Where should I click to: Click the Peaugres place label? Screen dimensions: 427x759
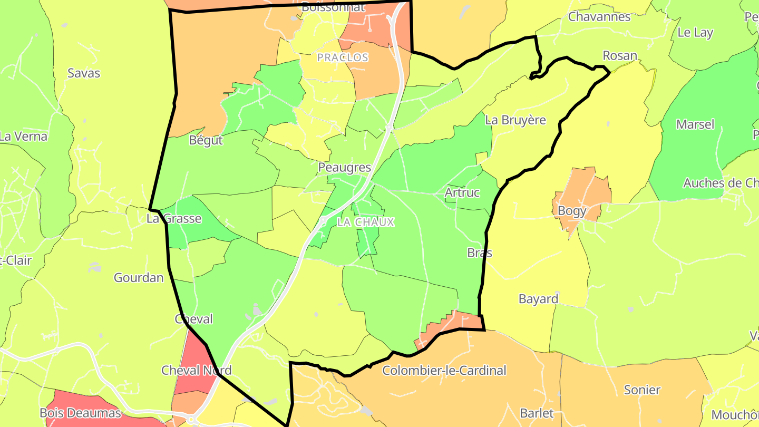(345, 168)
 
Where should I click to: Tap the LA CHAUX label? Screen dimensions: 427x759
(366, 222)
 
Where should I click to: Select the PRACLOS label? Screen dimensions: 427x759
(343, 57)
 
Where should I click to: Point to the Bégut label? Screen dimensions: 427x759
(206, 141)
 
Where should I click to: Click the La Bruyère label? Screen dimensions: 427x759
(515, 120)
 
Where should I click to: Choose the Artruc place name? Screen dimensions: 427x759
(462, 192)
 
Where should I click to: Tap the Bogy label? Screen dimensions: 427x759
(572, 211)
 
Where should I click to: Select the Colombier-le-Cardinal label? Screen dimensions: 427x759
(444, 371)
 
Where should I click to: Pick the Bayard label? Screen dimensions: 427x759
(538, 299)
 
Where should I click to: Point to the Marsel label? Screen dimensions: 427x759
(695, 124)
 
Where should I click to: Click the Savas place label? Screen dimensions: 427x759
(84, 73)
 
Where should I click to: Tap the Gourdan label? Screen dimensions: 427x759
(139, 277)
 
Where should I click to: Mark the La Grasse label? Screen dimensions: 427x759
(174, 218)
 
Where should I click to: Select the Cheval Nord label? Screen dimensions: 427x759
(196, 371)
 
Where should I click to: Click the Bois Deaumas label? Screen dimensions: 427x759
(81, 413)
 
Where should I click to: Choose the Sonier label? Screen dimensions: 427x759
(642, 390)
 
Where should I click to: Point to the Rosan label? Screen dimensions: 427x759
(620, 55)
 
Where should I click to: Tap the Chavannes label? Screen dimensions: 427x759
(599, 16)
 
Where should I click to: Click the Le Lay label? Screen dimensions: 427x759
(695, 32)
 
